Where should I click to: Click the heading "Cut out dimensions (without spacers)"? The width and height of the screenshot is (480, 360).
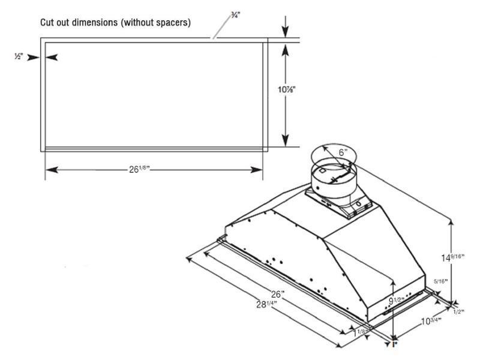pos(115,23)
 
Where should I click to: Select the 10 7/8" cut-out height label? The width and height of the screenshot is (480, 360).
pos(286,90)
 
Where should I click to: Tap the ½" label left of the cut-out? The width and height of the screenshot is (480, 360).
pos(19,57)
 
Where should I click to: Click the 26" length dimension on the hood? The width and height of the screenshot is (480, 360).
pos(277,295)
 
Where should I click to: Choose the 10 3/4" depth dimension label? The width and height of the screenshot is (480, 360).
pos(430,321)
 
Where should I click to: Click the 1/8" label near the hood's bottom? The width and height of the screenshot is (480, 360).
pos(362,331)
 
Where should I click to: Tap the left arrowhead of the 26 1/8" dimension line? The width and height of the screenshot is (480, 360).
pos(49,170)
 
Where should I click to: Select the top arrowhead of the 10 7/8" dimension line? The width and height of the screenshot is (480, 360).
pos(286,50)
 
